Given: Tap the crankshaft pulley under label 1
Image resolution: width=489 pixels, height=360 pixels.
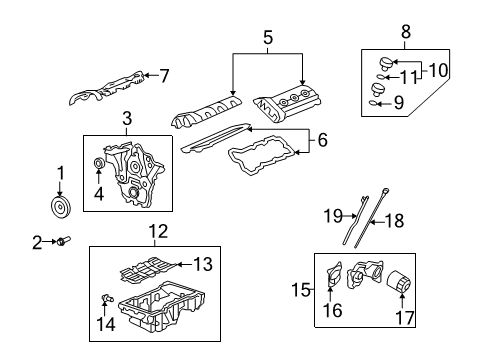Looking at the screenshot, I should pos(61,207).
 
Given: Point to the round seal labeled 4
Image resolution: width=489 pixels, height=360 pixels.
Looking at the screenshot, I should pos(98,164).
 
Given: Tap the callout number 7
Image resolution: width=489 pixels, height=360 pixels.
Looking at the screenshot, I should pos(165,74).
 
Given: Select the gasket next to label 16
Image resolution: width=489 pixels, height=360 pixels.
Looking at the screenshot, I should pos(334,279).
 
